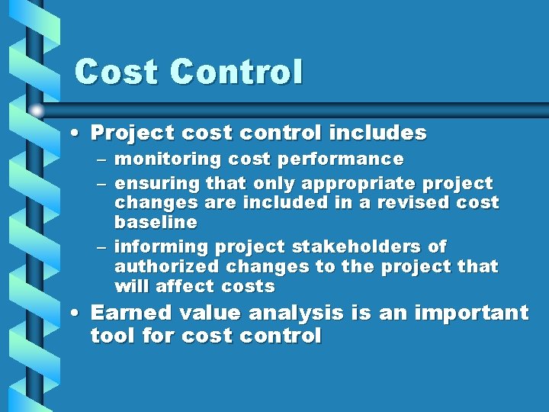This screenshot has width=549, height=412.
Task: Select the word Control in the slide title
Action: (236, 72)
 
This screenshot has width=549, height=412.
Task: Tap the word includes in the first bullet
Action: (377, 133)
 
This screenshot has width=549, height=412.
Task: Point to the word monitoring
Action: (159, 159)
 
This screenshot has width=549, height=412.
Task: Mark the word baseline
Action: (156, 223)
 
